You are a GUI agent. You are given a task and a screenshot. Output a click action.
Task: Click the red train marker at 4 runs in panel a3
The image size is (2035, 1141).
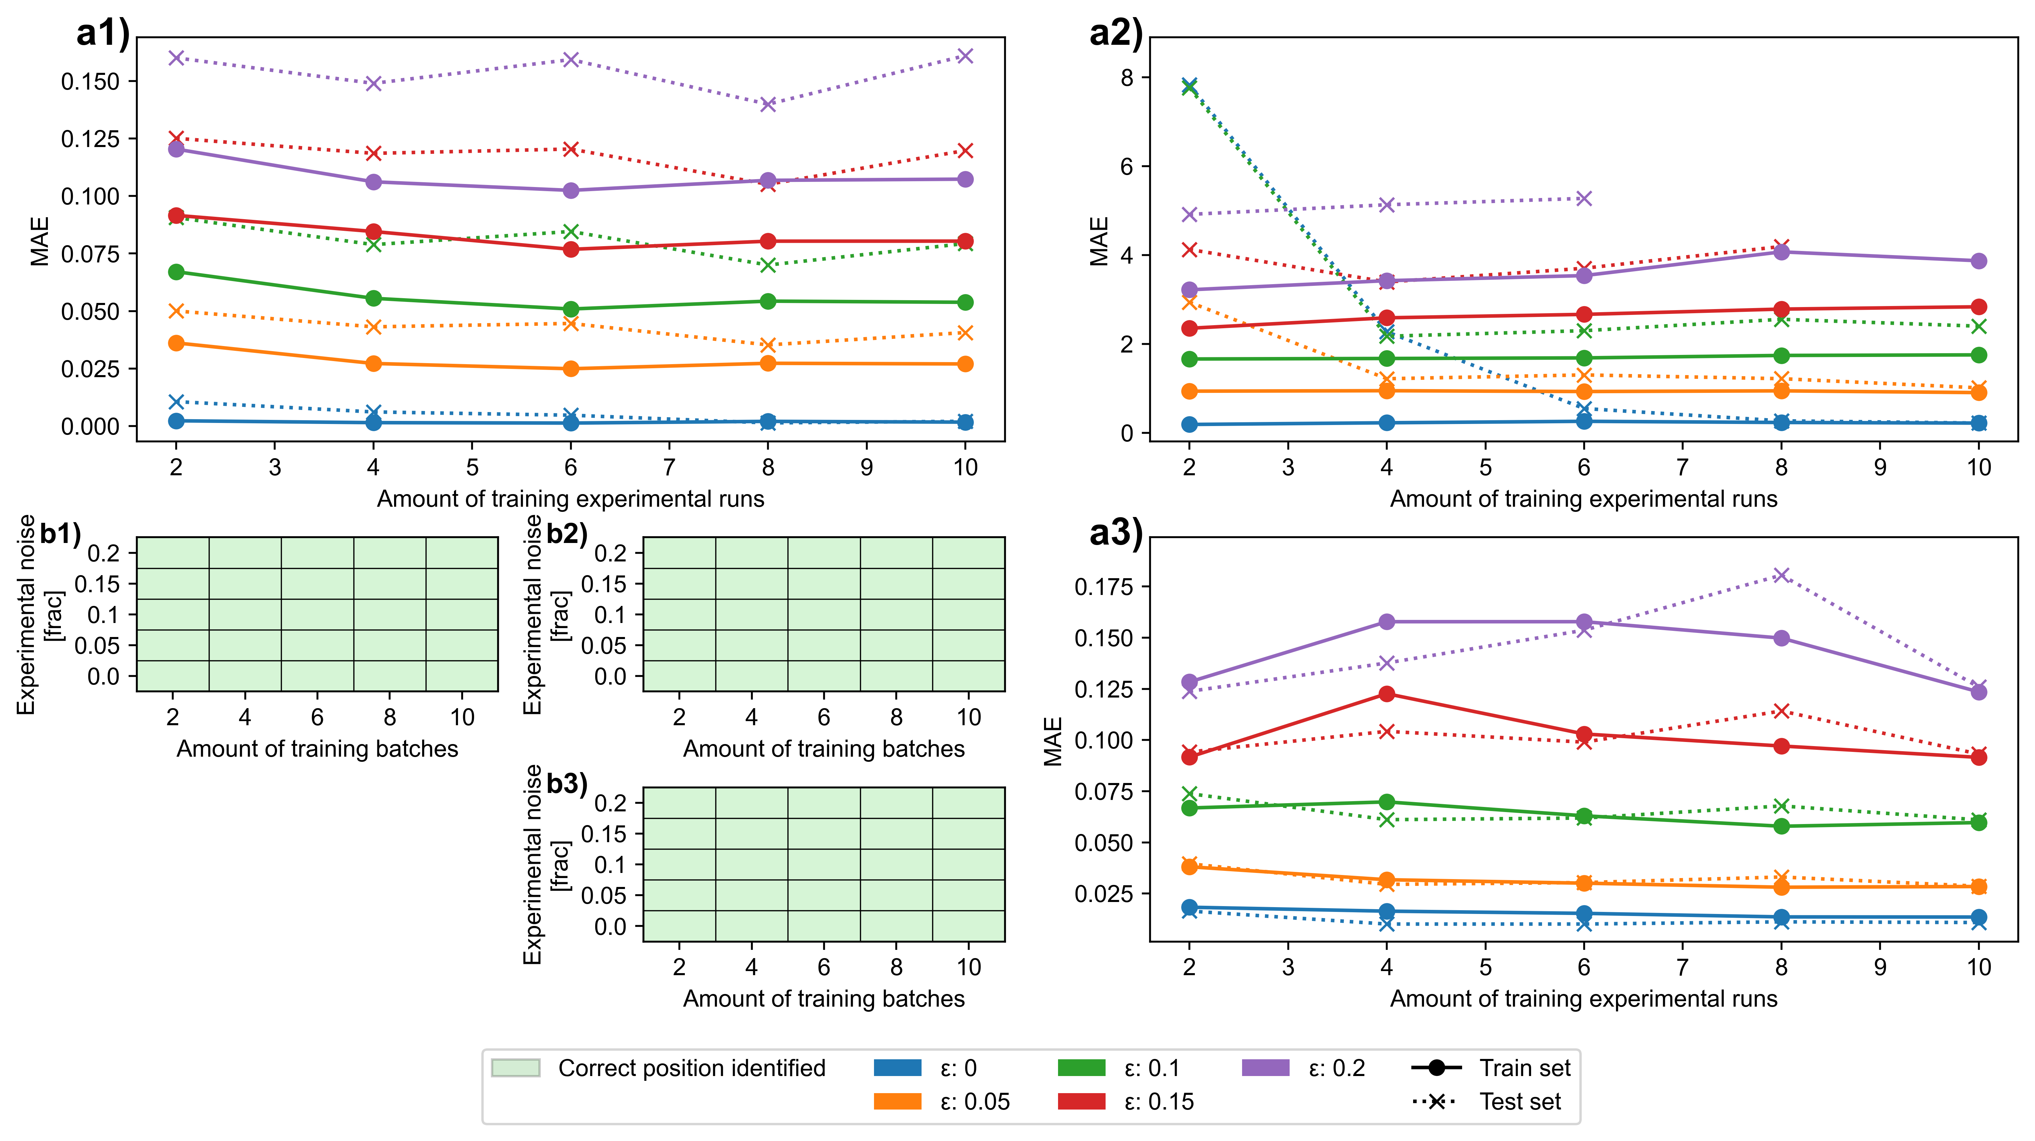1386,694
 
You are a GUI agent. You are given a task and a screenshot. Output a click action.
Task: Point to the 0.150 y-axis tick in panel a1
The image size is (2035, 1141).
90,81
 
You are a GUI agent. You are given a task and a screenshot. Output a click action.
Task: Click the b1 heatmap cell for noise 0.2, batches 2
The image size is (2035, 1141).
173,553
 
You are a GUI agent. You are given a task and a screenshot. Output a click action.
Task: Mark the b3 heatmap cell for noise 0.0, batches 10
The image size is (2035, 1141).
968,926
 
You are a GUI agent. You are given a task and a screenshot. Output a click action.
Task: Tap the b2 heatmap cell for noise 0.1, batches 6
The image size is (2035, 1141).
824,614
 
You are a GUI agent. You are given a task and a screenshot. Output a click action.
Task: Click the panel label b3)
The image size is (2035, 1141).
566,784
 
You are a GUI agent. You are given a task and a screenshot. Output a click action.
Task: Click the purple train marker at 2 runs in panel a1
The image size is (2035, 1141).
176,149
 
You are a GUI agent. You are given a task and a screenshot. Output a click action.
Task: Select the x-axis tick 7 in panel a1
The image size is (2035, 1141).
669,467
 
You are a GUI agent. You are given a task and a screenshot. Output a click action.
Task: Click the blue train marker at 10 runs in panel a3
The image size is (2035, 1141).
1978,917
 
